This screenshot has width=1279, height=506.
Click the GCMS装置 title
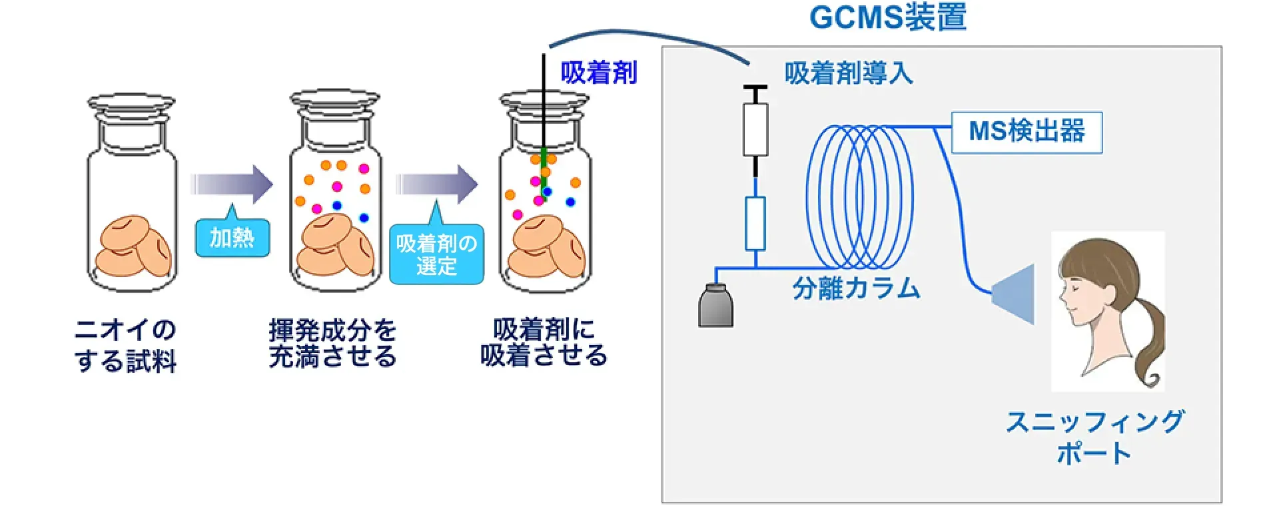pyautogui.click(x=887, y=17)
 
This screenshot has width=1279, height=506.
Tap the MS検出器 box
pyautogui.click(x=1026, y=132)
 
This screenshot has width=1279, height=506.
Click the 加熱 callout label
pyautogui.click(x=232, y=238)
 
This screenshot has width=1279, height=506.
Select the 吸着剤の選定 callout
pyautogui.click(x=436, y=254)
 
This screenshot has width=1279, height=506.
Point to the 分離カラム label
pyautogui.click(x=856, y=289)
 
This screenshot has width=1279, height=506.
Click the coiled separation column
pyautogui.click(x=859, y=196)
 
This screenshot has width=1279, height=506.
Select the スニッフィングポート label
pyautogui.click(x=1094, y=437)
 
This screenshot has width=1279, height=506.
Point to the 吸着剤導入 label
pyautogui.click(x=848, y=73)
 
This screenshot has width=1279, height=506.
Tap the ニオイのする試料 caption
pyautogui.click(x=125, y=346)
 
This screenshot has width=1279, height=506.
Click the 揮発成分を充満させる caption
pyautogui.click(x=332, y=344)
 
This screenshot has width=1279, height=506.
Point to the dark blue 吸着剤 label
pyautogui.click(x=598, y=73)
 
